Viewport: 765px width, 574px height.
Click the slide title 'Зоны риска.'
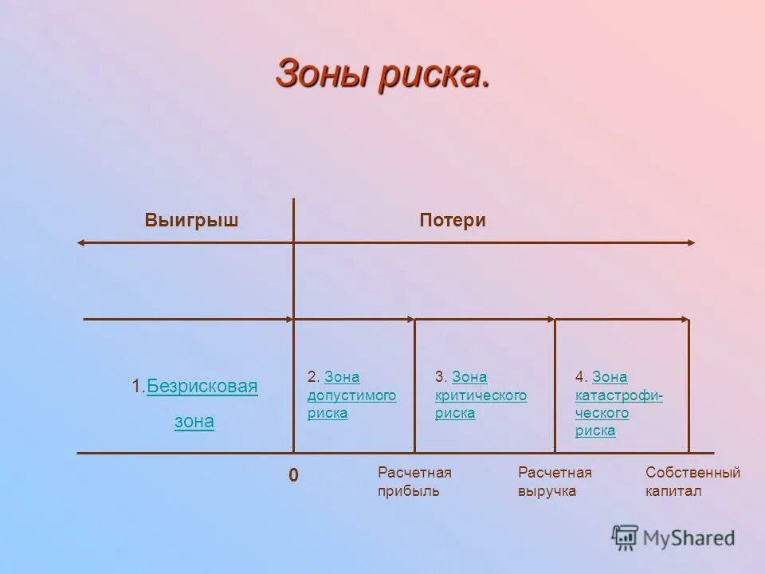pos(382,74)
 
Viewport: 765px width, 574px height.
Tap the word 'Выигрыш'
pos(191,221)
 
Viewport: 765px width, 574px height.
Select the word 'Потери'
pos(453,221)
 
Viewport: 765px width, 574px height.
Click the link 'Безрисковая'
pos(202,387)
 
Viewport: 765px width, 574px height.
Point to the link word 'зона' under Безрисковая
pos(194,422)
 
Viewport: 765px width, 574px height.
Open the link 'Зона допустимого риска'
pos(351,395)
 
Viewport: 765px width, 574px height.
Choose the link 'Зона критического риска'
pos(481,395)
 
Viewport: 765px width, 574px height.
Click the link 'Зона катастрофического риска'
pos(618,404)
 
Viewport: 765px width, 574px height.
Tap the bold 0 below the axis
pos(293,475)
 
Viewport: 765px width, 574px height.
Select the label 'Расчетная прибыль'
pos(414,482)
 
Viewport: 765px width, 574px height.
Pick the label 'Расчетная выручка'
pos(555,482)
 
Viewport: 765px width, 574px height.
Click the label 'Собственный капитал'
pos(692,482)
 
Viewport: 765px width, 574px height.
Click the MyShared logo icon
pos(625,538)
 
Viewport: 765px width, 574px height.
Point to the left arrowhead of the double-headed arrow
pos(80,242)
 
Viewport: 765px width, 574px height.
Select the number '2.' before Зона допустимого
pos(314,377)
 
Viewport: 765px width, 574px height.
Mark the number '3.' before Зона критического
pos(441,377)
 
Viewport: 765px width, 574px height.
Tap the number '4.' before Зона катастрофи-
pos(582,377)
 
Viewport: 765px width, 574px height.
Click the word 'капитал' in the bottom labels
pos(673,491)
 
